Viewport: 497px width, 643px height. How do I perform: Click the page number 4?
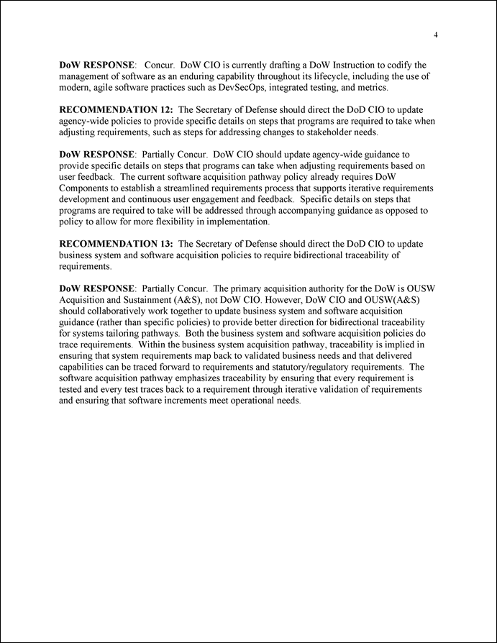pyautogui.click(x=437, y=35)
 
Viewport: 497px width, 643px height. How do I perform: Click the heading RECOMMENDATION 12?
pyautogui.click(x=116, y=109)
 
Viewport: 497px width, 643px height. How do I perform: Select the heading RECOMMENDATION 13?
pyautogui.click(x=116, y=244)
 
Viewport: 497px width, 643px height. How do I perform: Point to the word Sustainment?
pyautogui.click(x=142, y=300)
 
